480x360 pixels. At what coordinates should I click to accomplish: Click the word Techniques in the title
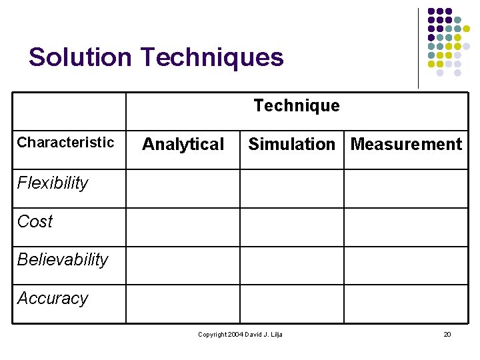pyautogui.click(x=212, y=57)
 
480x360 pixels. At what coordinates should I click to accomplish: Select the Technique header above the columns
pyautogui.click(x=297, y=105)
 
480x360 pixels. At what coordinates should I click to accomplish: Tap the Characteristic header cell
pyautogui.click(x=65, y=142)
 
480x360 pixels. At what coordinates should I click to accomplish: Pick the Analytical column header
pyautogui.click(x=183, y=144)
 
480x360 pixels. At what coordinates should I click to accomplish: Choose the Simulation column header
pyautogui.click(x=292, y=144)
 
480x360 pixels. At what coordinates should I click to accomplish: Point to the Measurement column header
pyautogui.click(x=406, y=144)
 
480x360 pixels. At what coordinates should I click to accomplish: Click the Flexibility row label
pyautogui.click(x=53, y=183)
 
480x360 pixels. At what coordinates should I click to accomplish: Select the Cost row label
pyautogui.click(x=35, y=221)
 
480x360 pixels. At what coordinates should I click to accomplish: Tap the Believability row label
pyautogui.click(x=63, y=259)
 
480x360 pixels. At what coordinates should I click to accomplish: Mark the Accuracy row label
pyautogui.click(x=53, y=298)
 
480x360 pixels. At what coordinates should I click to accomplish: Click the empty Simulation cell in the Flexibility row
pyautogui.click(x=291, y=189)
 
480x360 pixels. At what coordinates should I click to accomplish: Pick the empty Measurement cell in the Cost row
pyautogui.click(x=405, y=227)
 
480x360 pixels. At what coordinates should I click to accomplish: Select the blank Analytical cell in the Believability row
pyautogui.click(x=183, y=265)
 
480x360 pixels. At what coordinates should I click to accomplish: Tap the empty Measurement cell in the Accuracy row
pyautogui.click(x=405, y=304)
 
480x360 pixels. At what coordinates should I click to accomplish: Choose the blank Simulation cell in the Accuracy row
pyautogui.click(x=291, y=304)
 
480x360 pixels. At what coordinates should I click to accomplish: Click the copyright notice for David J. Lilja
pyautogui.click(x=240, y=334)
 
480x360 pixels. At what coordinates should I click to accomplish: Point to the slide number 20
pyautogui.click(x=447, y=334)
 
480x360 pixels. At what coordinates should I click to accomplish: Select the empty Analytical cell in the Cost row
pyautogui.click(x=183, y=227)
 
